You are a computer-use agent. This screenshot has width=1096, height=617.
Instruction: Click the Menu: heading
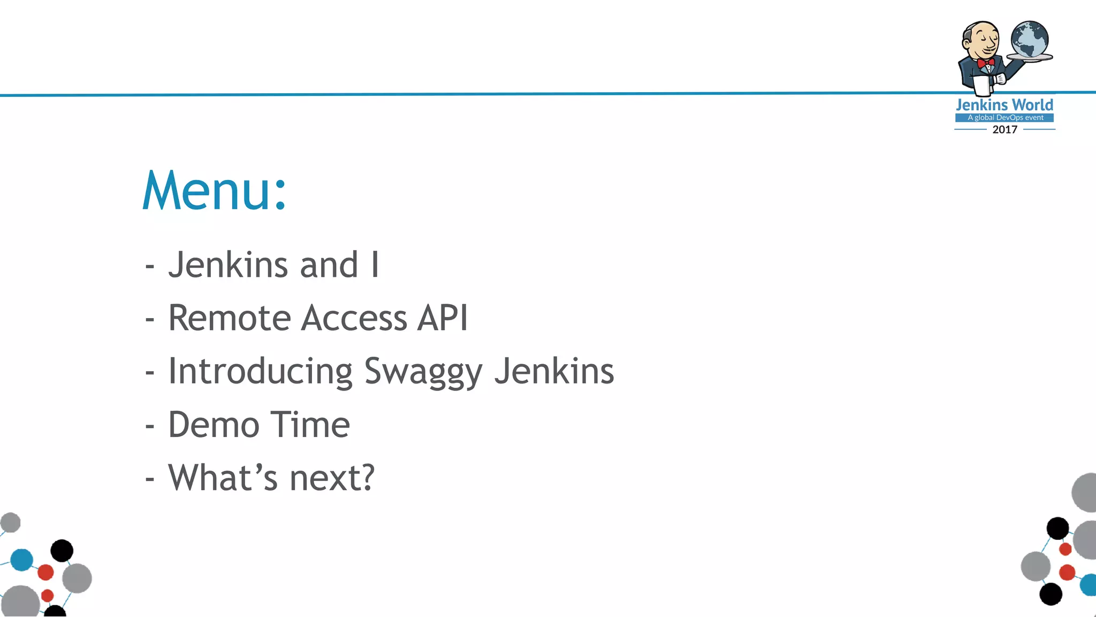[x=215, y=191]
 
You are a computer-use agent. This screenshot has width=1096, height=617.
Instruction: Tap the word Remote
[x=229, y=318]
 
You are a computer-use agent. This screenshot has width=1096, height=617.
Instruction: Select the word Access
[x=354, y=318]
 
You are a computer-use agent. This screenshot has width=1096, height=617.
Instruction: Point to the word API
[x=443, y=318]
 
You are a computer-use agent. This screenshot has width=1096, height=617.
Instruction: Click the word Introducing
[x=260, y=372]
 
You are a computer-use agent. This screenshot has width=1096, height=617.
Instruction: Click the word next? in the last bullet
[x=332, y=478]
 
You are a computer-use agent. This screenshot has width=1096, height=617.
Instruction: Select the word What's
[x=223, y=478]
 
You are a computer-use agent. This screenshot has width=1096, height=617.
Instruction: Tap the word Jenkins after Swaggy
[x=554, y=372]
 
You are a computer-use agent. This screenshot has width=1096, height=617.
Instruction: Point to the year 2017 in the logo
[x=1004, y=130]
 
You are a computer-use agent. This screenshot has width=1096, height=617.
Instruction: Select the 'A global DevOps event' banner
[x=1004, y=118]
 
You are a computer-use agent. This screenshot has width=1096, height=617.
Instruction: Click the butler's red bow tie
[x=985, y=63]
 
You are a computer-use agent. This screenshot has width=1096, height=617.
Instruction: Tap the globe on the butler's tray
[x=1029, y=39]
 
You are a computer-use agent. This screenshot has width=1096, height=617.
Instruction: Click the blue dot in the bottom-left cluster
[x=22, y=560]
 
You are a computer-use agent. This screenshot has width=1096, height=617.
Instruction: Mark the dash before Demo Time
[x=150, y=426]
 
